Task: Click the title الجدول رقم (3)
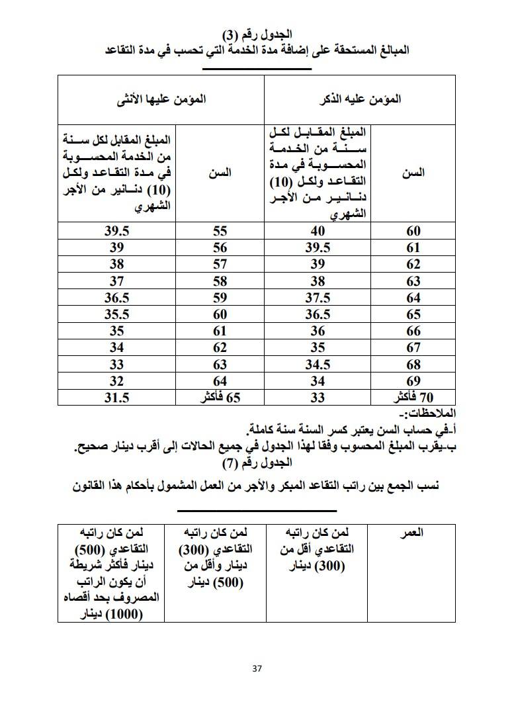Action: pos(256,34)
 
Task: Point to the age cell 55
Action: pos(220,231)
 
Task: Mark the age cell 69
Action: pos(413,380)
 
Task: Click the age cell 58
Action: pos(220,281)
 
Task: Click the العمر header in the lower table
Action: pos(413,532)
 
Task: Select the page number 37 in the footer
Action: pos(257,668)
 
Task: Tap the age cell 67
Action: pos(413,347)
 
